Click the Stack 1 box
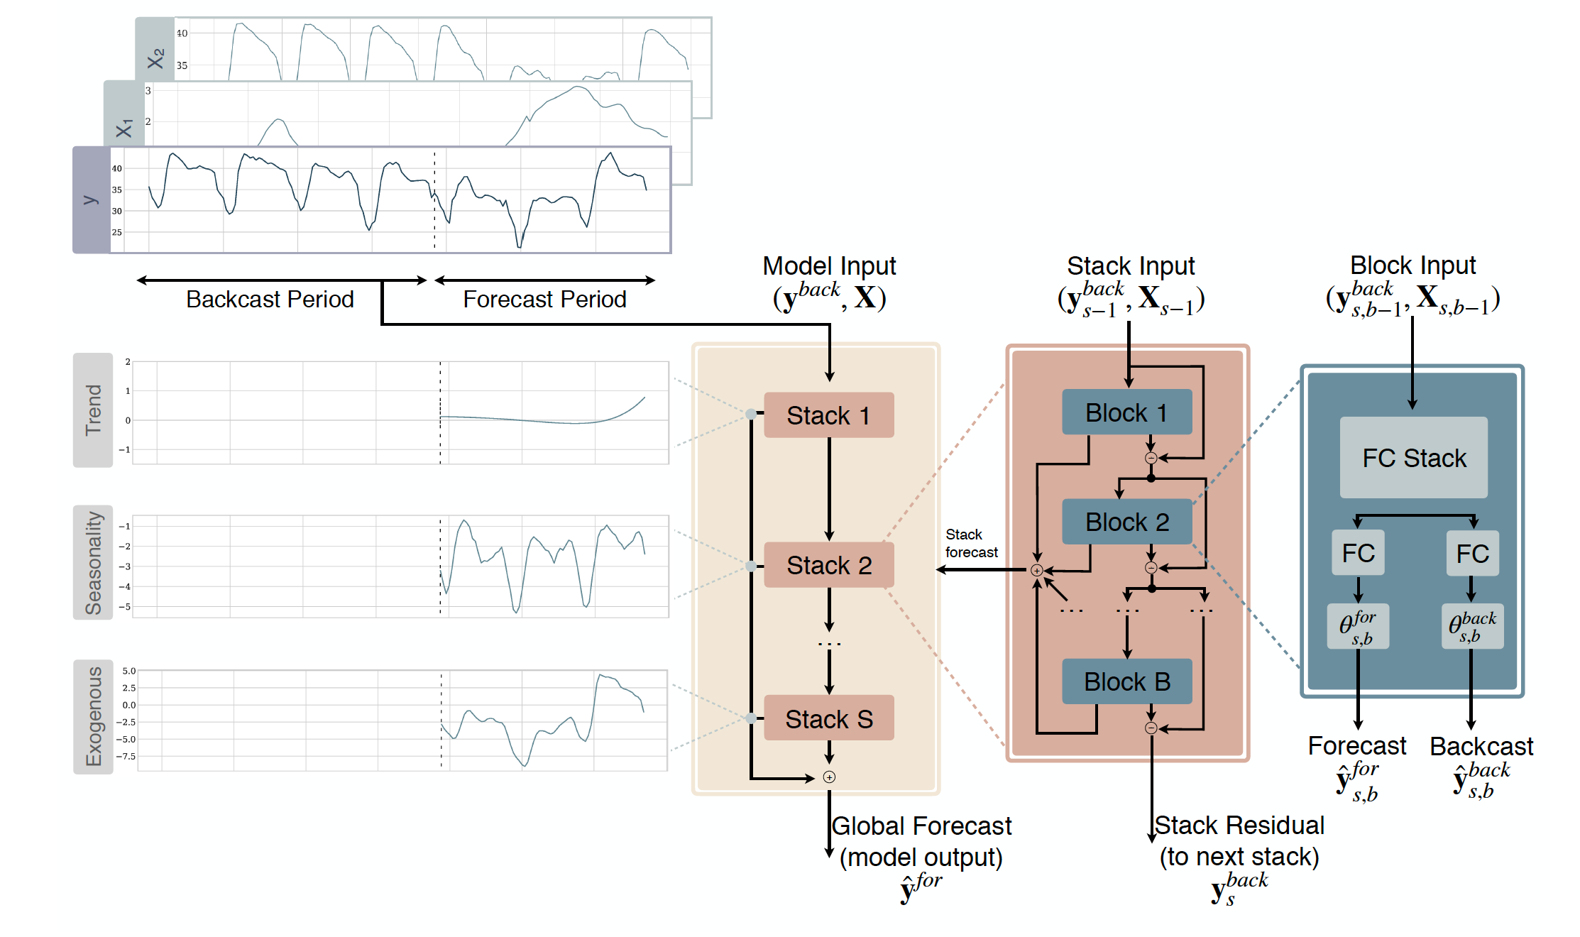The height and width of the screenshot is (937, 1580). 828,415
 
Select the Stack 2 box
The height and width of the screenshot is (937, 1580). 828,565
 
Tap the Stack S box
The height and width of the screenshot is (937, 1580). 828,718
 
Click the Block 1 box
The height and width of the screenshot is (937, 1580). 1126,412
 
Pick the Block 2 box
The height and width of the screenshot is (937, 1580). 1126,522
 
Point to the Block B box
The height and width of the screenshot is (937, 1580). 1126,681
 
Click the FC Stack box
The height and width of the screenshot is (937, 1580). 1413,458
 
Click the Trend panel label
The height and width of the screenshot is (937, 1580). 93,410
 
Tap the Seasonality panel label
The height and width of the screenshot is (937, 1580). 93,562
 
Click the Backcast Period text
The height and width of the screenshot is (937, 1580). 270,300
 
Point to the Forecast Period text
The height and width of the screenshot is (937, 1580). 544,300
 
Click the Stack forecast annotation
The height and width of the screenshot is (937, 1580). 970,543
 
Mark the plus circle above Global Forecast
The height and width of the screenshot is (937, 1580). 829,777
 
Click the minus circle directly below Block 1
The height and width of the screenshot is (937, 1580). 1151,458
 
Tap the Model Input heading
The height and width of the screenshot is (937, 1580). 829,266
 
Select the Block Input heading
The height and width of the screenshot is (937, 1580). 1412,265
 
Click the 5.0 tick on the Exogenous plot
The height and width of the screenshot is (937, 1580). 128,671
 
